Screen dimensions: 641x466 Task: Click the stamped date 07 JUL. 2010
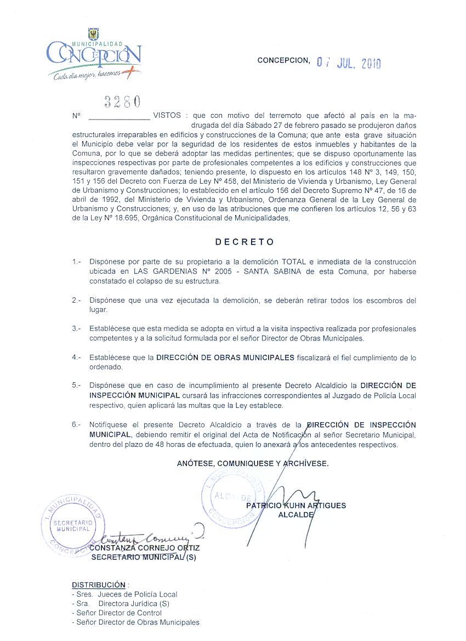point(349,63)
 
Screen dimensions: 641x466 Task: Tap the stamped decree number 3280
point(122,101)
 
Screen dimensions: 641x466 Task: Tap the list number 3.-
point(76,329)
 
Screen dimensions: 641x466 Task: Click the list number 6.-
point(76,425)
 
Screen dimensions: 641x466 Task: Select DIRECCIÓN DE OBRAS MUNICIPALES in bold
point(225,358)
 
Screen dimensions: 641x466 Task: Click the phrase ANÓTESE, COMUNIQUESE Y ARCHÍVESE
point(253,463)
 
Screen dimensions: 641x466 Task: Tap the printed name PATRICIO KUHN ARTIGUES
point(296,506)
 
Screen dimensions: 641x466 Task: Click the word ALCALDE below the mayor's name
point(296,515)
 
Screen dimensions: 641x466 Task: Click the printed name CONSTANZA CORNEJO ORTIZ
point(144,548)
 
